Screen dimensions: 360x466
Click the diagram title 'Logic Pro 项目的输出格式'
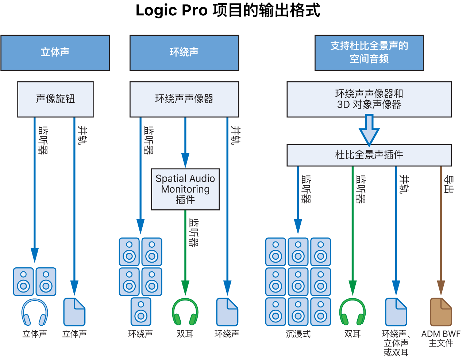click(228, 10)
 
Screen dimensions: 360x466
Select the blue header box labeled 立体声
click(55, 53)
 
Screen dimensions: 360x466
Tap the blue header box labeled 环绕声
click(184, 53)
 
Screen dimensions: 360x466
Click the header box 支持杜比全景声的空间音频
click(369, 53)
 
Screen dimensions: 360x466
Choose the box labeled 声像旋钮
click(55, 99)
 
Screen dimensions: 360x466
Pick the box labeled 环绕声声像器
click(184, 99)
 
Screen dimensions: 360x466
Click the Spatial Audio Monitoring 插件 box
click(185, 189)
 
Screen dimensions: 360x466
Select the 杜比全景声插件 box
click(369, 155)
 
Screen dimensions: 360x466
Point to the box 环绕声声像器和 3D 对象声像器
click(369, 99)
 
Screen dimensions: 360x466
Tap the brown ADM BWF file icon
click(441, 312)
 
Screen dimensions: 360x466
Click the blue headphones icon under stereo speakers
click(35, 313)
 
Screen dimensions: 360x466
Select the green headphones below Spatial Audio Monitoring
click(185, 312)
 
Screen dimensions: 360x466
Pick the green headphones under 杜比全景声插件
click(353, 312)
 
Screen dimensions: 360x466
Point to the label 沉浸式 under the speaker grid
click(298, 334)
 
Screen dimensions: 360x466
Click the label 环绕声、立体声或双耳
click(396, 343)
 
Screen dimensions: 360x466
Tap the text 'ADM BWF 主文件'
click(441, 338)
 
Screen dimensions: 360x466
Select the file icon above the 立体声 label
click(74, 312)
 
